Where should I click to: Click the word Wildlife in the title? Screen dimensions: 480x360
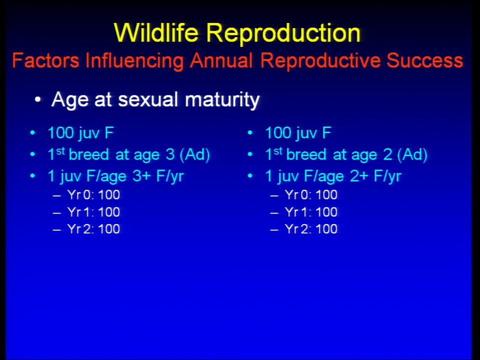(x=156, y=32)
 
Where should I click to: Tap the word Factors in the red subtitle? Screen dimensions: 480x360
(x=45, y=60)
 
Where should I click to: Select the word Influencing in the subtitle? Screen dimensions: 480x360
(x=134, y=61)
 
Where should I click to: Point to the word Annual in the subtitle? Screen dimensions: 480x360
(x=221, y=60)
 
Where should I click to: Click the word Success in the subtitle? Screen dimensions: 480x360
(x=424, y=60)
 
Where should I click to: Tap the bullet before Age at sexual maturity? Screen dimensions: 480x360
(x=37, y=100)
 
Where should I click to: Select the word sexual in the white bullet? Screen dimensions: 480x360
(x=148, y=99)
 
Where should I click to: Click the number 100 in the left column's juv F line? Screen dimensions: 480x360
(x=60, y=133)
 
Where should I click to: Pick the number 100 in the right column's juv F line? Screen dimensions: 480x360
(x=278, y=133)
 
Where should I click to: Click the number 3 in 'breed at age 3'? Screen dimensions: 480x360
(x=170, y=154)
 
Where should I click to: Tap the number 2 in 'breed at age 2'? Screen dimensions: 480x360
(x=387, y=154)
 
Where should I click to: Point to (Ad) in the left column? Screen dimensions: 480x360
(x=194, y=155)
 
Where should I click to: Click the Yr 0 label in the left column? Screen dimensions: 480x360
(x=80, y=195)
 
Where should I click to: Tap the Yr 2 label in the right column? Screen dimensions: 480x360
(x=297, y=229)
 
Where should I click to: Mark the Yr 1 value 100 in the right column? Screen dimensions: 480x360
(x=326, y=212)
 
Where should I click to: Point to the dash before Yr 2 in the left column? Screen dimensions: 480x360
(x=57, y=229)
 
